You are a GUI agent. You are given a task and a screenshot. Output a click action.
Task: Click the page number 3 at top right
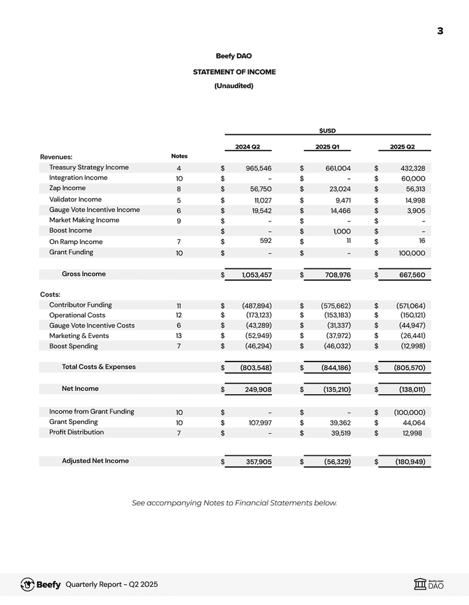click(440, 31)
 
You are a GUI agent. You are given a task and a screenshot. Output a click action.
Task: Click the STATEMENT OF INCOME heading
click(234, 72)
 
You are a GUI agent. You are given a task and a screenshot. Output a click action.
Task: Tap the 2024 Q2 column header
click(248, 147)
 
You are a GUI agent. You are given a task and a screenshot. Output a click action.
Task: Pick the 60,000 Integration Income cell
click(412, 178)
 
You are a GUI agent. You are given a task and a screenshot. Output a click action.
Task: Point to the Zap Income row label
click(67, 188)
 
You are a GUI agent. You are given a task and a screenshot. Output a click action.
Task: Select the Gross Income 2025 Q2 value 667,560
click(410, 275)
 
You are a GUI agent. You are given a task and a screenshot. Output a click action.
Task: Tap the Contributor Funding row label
click(80, 305)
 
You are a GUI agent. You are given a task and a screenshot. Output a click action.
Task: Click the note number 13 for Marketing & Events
click(178, 336)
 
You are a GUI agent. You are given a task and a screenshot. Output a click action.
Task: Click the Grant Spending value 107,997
click(258, 423)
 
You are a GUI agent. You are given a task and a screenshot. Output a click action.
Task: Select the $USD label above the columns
click(328, 131)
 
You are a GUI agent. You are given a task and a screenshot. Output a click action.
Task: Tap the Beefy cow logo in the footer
click(28, 584)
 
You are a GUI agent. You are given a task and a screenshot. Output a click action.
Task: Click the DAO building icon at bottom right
click(420, 585)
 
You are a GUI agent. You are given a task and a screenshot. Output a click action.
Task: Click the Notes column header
click(179, 156)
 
